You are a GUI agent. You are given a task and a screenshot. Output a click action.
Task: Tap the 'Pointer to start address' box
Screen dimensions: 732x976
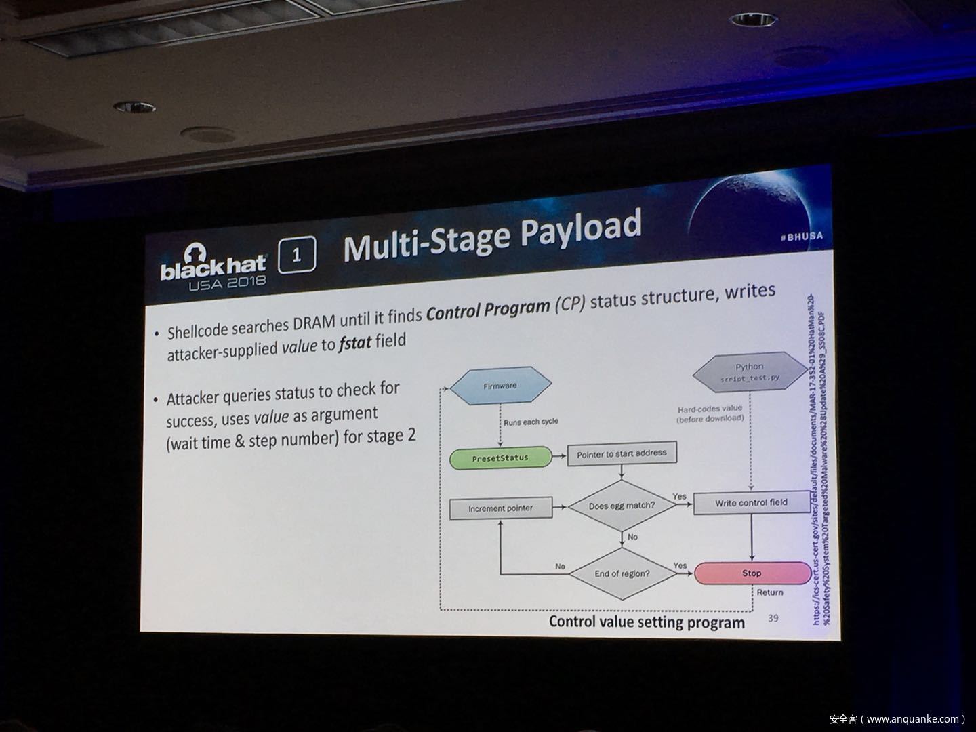[622, 454]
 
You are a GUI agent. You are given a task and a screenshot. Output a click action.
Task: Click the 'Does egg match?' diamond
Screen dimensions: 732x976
[621, 506]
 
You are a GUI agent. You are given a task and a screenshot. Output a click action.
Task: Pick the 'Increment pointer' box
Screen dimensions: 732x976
[500, 508]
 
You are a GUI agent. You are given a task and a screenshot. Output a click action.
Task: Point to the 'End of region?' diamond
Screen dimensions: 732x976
[622, 573]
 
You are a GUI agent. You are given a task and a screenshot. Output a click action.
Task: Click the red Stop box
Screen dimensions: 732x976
[750, 573]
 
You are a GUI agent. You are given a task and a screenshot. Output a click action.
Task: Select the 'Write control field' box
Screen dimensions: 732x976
[751, 503]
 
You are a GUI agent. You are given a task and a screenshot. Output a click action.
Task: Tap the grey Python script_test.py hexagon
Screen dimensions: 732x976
[749, 372]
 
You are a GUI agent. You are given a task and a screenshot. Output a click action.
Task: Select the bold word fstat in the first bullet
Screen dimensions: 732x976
[355, 342]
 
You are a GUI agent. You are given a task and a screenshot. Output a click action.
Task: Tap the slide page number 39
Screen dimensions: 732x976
[773, 618]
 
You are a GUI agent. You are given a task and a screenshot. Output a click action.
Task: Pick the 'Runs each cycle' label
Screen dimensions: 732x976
[530, 422]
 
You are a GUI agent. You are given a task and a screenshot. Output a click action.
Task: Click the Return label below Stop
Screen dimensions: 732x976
[769, 592]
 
